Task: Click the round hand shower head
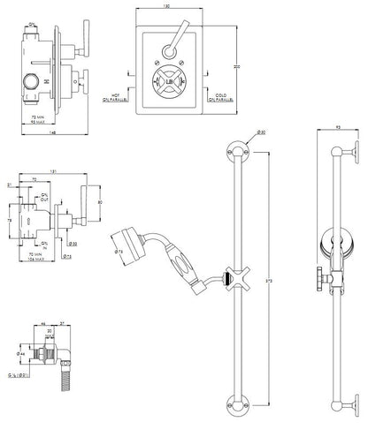tap(125, 237)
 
